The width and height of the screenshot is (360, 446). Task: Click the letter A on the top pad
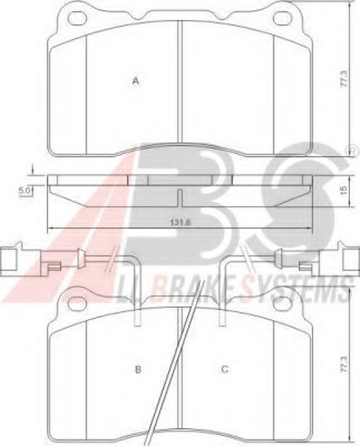(136, 81)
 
